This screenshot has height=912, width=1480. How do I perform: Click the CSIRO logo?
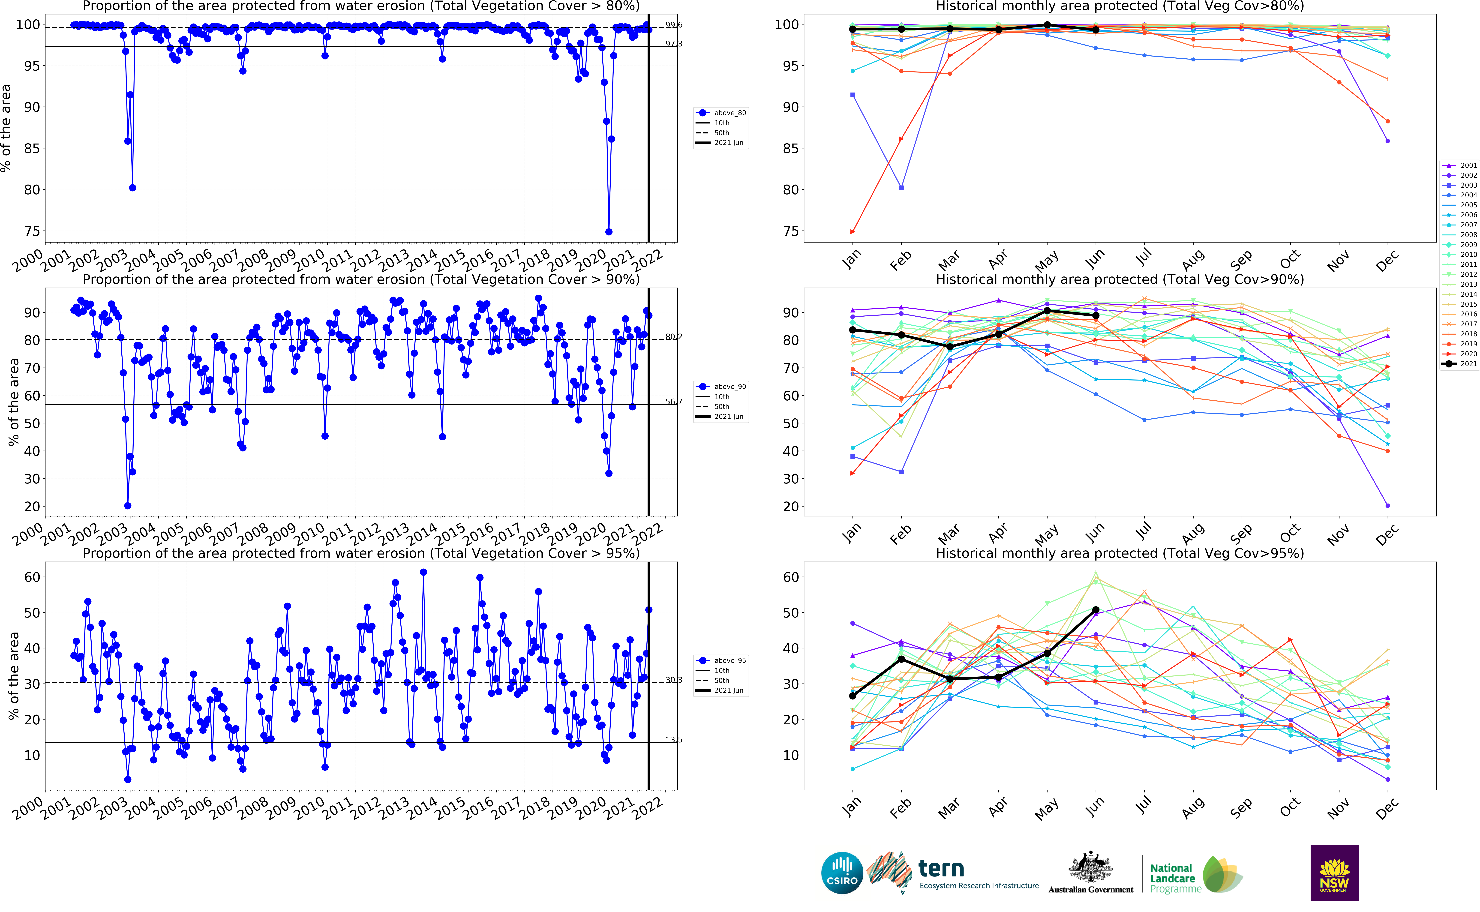click(842, 873)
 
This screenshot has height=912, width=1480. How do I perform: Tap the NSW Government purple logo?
click(1334, 873)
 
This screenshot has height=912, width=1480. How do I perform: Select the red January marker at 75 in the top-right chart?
click(852, 232)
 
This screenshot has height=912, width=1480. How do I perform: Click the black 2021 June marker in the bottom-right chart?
click(1096, 610)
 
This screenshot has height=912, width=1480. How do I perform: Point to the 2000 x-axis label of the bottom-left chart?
click(28, 808)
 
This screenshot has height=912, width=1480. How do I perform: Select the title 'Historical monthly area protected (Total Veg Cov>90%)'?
click(1119, 279)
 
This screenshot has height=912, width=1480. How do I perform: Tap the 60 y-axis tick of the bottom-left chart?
click(32, 577)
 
